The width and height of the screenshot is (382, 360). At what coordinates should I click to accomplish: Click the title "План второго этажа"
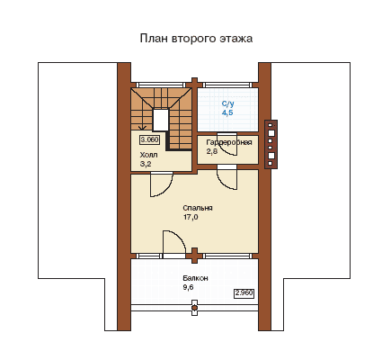click(196, 39)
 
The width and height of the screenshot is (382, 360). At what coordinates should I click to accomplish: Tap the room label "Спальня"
click(198, 208)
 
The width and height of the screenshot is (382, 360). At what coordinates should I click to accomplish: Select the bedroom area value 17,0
click(191, 217)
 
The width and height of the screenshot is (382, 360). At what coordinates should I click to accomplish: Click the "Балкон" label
click(195, 278)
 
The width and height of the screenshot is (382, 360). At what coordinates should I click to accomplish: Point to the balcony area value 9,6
click(188, 287)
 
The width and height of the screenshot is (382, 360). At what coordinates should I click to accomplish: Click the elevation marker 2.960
click(244, 292)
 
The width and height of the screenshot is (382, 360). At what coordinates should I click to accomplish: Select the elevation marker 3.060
click(149, 139)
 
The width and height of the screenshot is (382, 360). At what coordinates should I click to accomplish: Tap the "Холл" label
click(148, 155)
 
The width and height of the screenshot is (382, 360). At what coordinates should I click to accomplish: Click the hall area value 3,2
click(146, 164)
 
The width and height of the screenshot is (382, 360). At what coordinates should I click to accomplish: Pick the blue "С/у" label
click(228, 103)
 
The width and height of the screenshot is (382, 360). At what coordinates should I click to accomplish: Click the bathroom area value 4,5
click(227, 112)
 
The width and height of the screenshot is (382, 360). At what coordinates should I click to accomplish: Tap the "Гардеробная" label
click(229, 142)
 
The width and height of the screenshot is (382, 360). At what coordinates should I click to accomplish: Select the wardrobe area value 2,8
click(212, 151)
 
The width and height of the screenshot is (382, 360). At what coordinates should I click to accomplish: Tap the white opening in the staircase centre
click(160, 120)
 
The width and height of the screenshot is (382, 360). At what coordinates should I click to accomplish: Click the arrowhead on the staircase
click(143, 128)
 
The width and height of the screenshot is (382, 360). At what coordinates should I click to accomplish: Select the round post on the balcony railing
click(194, 308)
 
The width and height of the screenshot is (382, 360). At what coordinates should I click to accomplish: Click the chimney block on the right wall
click(271, 144)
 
